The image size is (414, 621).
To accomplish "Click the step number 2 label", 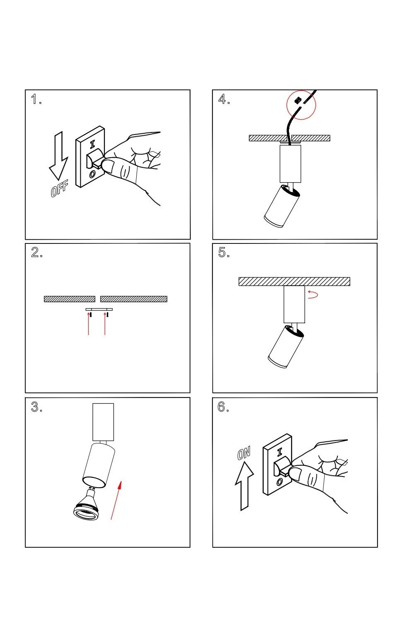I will coord(36,253).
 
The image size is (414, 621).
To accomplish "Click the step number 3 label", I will coord(36,407).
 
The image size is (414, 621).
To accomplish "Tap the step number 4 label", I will coord(223,99).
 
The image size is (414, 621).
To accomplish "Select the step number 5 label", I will coord(223,253).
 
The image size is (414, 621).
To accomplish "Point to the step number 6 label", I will coord(222,407).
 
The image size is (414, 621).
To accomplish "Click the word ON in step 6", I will coord(244,454).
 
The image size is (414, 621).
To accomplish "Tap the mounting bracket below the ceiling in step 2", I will coord(99,309).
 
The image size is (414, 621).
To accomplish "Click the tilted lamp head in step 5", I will coord(286,347).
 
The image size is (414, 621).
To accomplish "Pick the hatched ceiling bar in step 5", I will coord(294,282).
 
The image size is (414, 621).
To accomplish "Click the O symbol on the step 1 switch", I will coord(92,174).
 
